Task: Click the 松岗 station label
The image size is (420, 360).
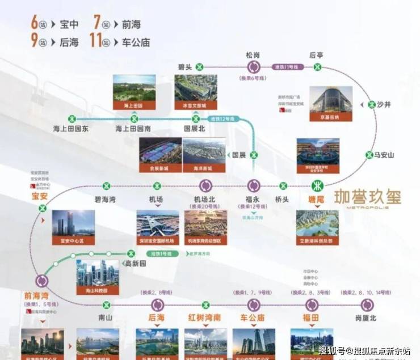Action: click(253, 55)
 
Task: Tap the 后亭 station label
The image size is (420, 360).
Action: click(316, 55)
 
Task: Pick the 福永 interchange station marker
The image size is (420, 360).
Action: click(254, 185)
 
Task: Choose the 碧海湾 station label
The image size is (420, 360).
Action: click(105, 199)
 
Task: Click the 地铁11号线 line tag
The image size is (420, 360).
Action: click(287, 66)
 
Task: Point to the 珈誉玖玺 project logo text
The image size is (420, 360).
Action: click(367, 198)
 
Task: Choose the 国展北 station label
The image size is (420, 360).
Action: click(195, 129)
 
